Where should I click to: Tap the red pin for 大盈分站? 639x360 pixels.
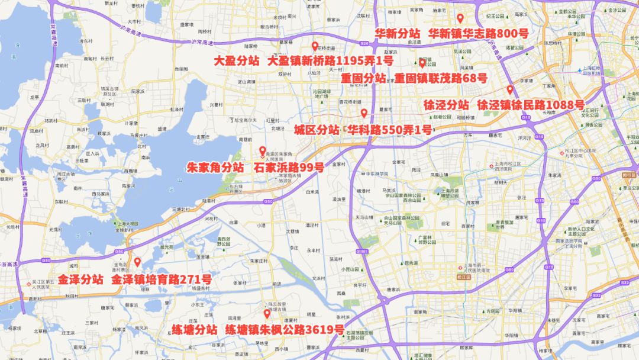pyautogui.click(x=315, y=46)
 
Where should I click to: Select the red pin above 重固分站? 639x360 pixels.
pyautogui.click(x=422, y=62)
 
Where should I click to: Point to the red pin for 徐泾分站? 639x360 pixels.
pyautogui.click(x=510, y=89)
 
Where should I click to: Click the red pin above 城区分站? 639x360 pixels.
pyautogui.click(x=364, y=112)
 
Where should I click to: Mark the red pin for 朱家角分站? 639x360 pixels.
pyautogui.click(x=263, y=150)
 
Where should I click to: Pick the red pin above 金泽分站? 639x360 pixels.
pyautogui.click(x=137, y=262)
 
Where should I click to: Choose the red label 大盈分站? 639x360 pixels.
pyautogui.click(x=237, y=61)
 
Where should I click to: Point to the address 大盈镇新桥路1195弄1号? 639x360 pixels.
pyautogui.click(x=330, y=61)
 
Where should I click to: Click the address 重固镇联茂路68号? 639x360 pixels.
pyautogui.click(x=441, y=78)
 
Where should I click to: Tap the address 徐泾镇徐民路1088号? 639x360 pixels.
pyautogui.click(x=530, y=105)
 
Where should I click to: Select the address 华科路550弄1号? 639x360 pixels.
pyautogui.click(x=389, y=130)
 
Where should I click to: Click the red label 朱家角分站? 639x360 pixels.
pyautogui.click(x=215, y=168)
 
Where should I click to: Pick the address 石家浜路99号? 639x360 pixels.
pyautogui.click(x=289, y=168)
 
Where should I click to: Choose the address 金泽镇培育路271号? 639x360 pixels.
pyautogui.click(x=161, y=279)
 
